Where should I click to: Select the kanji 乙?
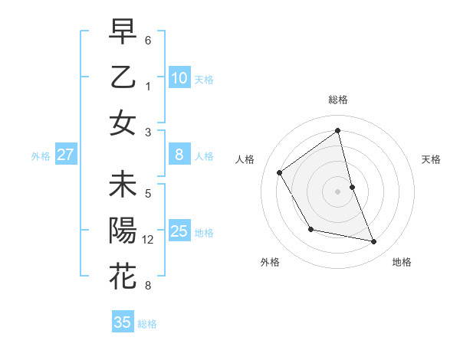123,77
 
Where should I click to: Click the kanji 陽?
123,231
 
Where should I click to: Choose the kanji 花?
123,276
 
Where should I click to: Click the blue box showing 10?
179,77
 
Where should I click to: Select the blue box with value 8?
179,155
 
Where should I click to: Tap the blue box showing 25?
179,231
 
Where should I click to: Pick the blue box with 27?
65,155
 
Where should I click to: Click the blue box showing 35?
123,322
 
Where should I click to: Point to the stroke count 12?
149,240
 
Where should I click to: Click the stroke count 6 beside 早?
148,39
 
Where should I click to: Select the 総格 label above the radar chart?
338,100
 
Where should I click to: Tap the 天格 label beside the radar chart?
432,159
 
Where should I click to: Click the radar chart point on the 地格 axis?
374,242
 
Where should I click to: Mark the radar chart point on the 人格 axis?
280,172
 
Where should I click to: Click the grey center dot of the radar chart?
338,191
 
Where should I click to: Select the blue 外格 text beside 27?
41,155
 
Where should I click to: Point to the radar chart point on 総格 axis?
338,131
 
